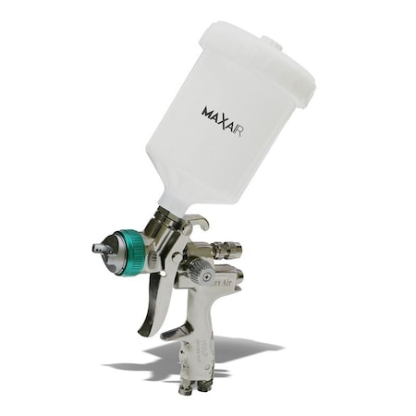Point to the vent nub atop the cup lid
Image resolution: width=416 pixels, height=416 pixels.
click(271, 41)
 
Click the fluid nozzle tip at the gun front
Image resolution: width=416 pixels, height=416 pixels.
click(97, 248)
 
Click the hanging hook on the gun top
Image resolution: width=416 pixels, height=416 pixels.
click(197, 222)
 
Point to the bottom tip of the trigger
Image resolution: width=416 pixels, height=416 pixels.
click(142, 331)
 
